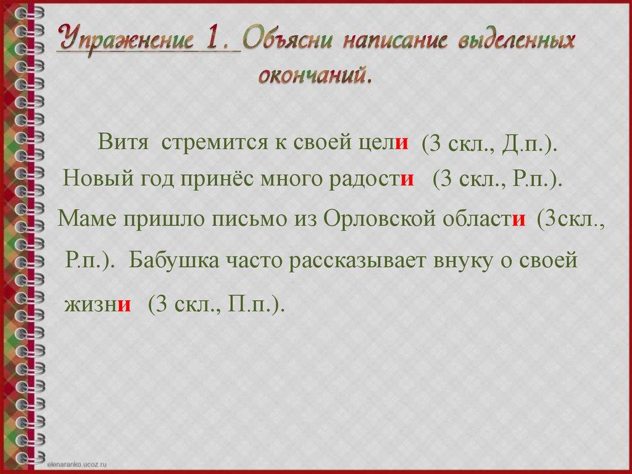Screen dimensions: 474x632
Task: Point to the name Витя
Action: point(123,143)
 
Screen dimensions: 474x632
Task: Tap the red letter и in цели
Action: point(402,144)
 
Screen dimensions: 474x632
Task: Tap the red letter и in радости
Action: point(407,180)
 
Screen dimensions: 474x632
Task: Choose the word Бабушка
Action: point(174,260)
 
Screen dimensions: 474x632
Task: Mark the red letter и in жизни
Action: point(125,304)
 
